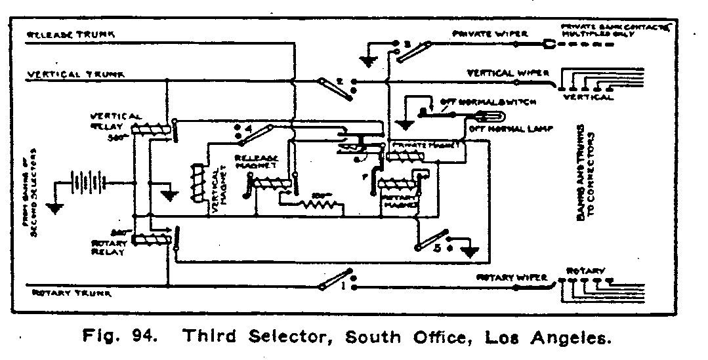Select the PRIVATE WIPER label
tap(480, 33)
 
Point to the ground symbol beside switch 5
tap(470, 250)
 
